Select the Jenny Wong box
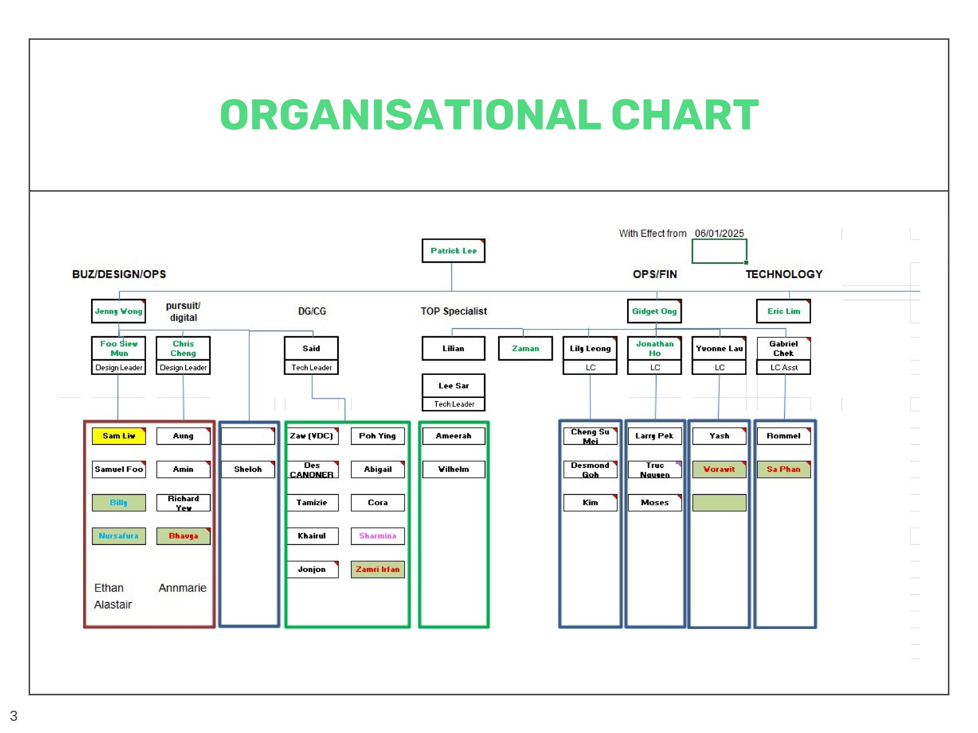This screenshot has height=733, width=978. coord(119,311)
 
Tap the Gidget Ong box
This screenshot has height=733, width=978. coord(654,311)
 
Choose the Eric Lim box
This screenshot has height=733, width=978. coord(783,311)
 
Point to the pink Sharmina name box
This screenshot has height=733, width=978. coord(378,536)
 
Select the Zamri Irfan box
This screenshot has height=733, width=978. coord(378,569)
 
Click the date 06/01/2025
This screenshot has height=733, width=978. coord(719,233)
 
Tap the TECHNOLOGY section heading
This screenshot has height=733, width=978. coord(784,274)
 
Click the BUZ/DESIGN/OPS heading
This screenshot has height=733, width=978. coord(119,274)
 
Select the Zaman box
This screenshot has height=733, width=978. coord(525,349)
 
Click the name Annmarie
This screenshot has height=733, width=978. coord(182,588)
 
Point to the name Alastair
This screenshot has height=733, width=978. coord(113,604)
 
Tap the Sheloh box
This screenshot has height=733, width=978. coord(248,469)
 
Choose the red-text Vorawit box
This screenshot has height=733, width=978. coord(719,469)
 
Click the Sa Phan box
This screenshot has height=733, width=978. coord(783,469)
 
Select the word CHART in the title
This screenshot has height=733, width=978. coord(685,115)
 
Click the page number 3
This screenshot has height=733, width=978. coord(14,716)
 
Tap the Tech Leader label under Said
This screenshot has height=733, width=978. coord(311,367)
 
